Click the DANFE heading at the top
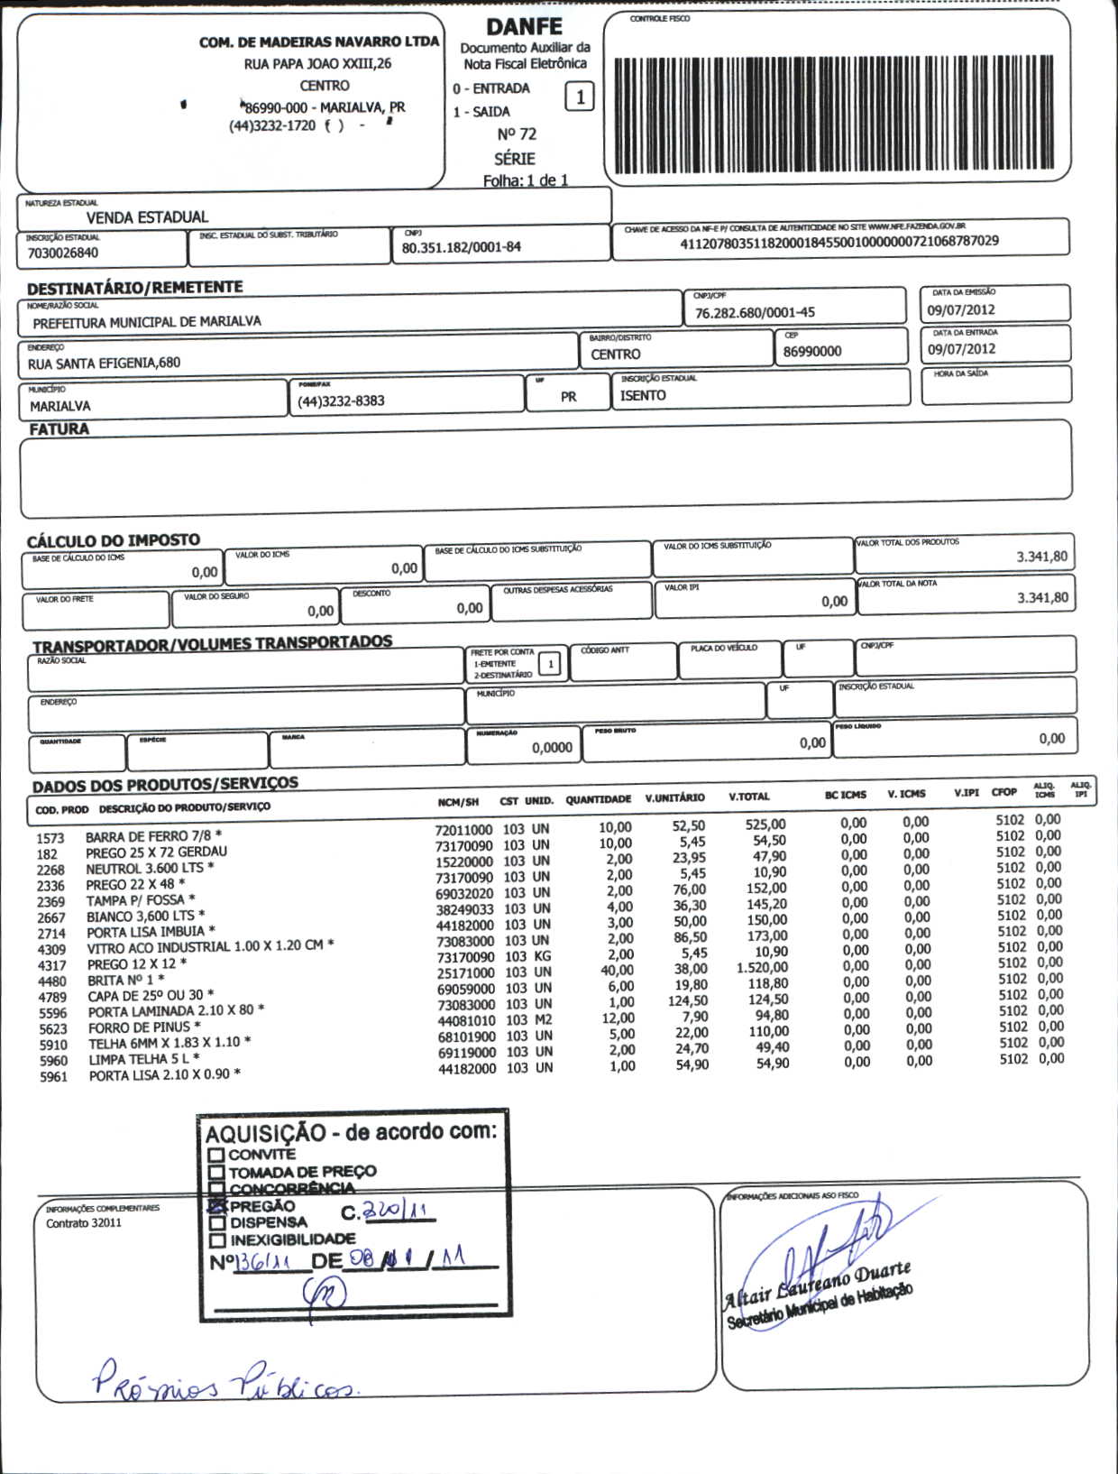pos(524,27)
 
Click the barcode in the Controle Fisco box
pos(833,115)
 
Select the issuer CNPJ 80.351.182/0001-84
pos(461,247)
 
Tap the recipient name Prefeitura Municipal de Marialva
pos(147,322)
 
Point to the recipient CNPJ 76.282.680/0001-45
pos(755,312)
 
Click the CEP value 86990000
pos(811,351)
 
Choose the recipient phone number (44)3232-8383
pos(341,401)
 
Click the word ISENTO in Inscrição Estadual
pos(643,395)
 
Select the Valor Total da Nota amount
pos(1042,597)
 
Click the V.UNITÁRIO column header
pos(674,797)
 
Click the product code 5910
pos(53,1045)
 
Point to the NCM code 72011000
pos(464,830)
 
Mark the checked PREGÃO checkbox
pos(216,1206)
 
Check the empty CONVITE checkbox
pos(215,1155)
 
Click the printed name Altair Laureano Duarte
pos(817,1285)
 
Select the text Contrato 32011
pos(84,1223)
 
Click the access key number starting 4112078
pos(838,241)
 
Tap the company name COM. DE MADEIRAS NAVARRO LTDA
pos(319,41)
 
